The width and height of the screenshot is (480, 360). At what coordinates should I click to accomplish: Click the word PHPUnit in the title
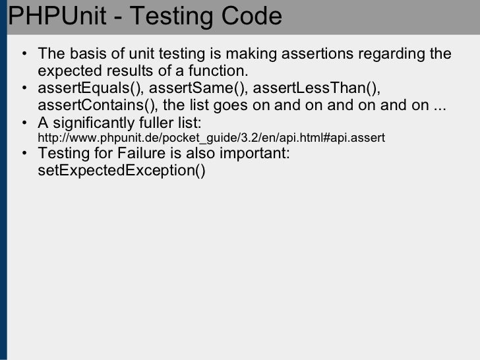point(55,17)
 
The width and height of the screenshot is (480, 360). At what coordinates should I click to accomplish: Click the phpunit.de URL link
point(211,138)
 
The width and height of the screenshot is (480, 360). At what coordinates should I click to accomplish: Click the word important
point(257,154)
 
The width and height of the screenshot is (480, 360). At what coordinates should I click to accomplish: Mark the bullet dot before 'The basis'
point(24,54)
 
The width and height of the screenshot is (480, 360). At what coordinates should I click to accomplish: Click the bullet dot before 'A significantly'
point(24,123)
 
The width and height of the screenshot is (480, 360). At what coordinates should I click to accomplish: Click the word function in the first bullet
point(222,71)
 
